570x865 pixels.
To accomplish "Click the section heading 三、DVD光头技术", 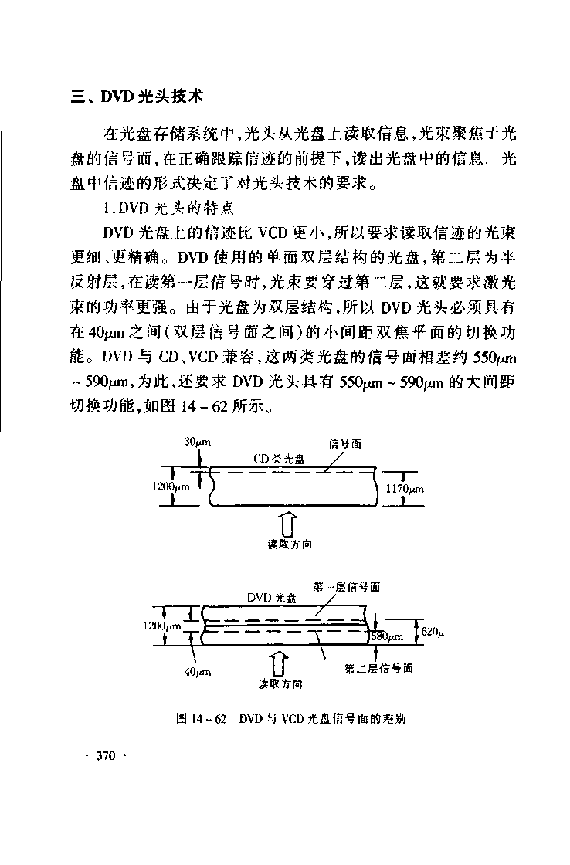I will point(136,98).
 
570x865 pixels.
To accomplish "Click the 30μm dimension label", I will point(198,442).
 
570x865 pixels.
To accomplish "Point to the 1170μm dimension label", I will point(404,489).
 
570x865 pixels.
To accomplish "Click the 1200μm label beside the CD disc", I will point(171,487).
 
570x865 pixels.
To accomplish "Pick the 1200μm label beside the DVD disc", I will point(162,627).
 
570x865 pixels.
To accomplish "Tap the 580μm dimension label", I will point(388,637).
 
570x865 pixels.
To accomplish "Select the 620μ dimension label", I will point(433,632).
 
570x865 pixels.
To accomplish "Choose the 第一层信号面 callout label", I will point(347,587).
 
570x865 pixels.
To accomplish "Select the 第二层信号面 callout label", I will point(378,668).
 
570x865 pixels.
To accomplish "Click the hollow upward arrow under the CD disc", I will point(286,525).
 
